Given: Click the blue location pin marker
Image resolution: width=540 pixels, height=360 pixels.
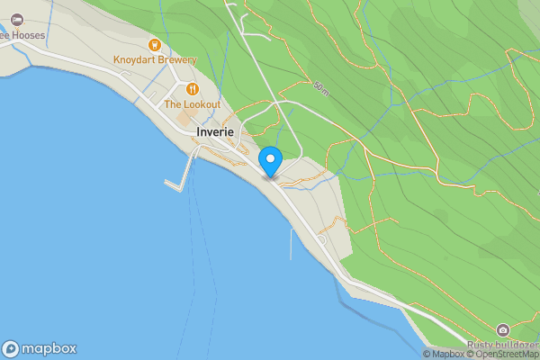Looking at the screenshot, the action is [270, 160].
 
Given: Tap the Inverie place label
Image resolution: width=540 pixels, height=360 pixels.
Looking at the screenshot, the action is [215, 131].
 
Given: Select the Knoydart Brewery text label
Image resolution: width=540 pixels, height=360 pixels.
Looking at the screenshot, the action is [155, 60].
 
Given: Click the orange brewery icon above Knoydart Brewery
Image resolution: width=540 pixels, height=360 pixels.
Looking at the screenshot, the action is [155, 44].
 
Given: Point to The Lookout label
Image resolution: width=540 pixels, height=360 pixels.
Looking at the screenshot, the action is [192, 104].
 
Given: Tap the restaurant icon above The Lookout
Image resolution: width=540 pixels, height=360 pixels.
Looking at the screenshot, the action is [192, 89].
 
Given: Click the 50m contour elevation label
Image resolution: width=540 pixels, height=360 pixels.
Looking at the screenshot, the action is [321, 87].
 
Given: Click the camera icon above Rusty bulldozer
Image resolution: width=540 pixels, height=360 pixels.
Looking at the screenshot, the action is [502, 330].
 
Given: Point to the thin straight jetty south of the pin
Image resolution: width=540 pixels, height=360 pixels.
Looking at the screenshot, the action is [291, 243].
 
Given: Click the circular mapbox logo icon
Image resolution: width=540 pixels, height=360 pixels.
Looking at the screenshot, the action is [11, 348].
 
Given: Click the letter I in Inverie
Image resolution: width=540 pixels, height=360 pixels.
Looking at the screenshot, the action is [200, 131].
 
